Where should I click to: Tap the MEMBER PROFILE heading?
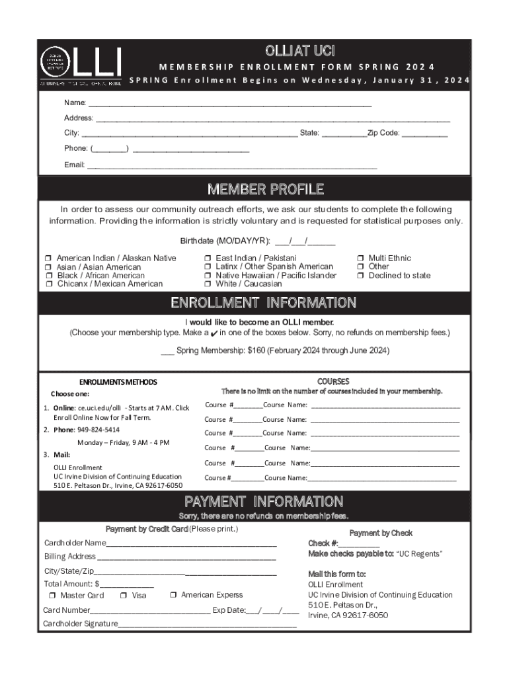coord(266,190)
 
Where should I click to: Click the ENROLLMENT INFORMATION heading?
coord(264,303)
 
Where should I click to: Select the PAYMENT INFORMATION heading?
coord(264,501)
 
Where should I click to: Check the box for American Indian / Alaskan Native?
coord(48,259)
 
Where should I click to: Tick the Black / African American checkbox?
coord(48,276)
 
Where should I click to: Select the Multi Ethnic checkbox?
coord(360,259)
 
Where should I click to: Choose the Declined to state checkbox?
coord(360,276)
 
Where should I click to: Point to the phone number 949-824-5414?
coord(98,430)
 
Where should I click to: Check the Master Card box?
coord(53,596)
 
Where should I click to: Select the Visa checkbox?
coord(124,596)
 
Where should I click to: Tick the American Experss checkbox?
coord(173,595)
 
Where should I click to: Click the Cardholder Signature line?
coord(208,624)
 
